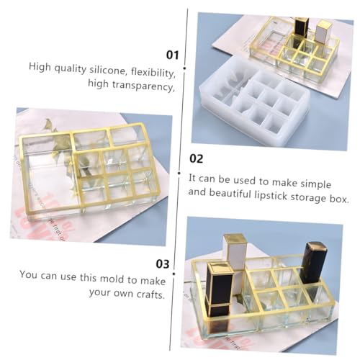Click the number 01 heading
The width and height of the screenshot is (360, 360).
coord(173,55)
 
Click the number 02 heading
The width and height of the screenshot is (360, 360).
coord(197,159)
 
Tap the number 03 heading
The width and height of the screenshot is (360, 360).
coord(163,264)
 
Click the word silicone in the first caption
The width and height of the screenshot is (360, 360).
coord(108,70)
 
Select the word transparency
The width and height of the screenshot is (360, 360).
coord(143,86)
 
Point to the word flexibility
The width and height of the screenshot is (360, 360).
coord(153,73)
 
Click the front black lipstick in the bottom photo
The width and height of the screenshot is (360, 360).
coord(220,297)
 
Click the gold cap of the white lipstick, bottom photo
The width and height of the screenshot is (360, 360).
coord(235,239)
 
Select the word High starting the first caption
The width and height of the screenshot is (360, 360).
coord(40,66)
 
